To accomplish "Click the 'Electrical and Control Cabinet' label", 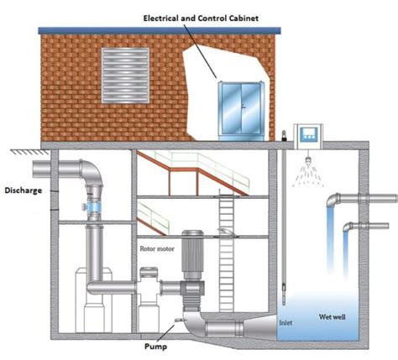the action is [x=201, y=18].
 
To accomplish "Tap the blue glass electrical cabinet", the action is [x=241, y=111].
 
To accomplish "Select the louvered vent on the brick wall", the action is [x=125, y=76].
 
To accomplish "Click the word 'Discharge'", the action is [x=24, y=190].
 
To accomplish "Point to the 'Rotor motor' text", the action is [x=157, y=248].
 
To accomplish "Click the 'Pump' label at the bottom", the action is [x=155, y=347].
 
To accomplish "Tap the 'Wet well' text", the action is [x=333, y=317].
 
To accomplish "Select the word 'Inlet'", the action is [x=285, y=322].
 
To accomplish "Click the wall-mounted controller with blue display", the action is [x=308, y=136].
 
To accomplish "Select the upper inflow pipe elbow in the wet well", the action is [x=333, y=200].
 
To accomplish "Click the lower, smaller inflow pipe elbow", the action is [x=348, y=227].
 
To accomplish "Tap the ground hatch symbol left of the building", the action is [x=29, y=152].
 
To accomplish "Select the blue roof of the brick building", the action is [x=160, y=30].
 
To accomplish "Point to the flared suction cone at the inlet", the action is [x=259, y=327].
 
